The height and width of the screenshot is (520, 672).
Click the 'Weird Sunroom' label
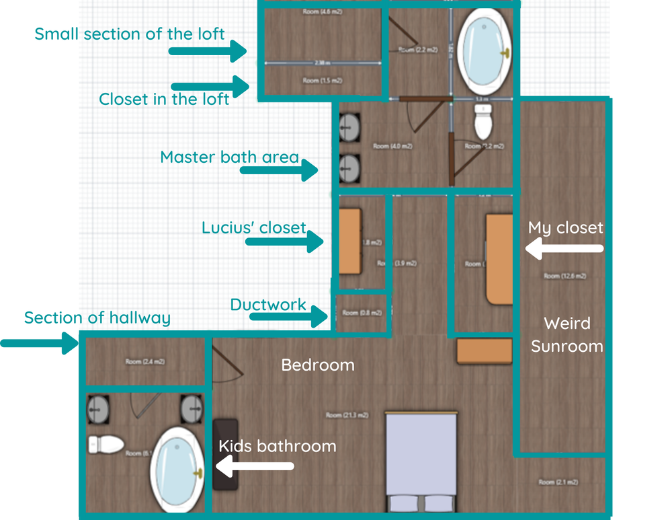tap(567, 334)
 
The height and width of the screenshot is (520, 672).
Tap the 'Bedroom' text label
tap(317, 365)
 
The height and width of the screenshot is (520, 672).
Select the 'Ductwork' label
tap(268, 305)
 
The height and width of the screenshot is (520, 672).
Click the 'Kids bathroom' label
tap(277, 445)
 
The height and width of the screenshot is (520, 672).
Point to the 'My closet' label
tap(566, 228)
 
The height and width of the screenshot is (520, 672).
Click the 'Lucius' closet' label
tap(253, 228)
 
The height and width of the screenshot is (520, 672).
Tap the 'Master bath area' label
tap(229, 157)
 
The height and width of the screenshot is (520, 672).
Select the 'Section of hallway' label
tap(97, 318)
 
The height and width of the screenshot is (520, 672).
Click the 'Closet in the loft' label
tap(164, 99)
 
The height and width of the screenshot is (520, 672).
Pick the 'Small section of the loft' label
tap(130, 34)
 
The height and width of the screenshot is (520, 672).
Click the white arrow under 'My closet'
tap(564, 250)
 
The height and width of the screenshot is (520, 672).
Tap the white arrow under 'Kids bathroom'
tap(255, 465)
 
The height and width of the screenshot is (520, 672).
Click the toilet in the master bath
tap(483, 120)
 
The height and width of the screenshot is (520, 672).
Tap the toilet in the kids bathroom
tap(106, 444)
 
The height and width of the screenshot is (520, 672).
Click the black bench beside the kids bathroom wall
tap(225, 453)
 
